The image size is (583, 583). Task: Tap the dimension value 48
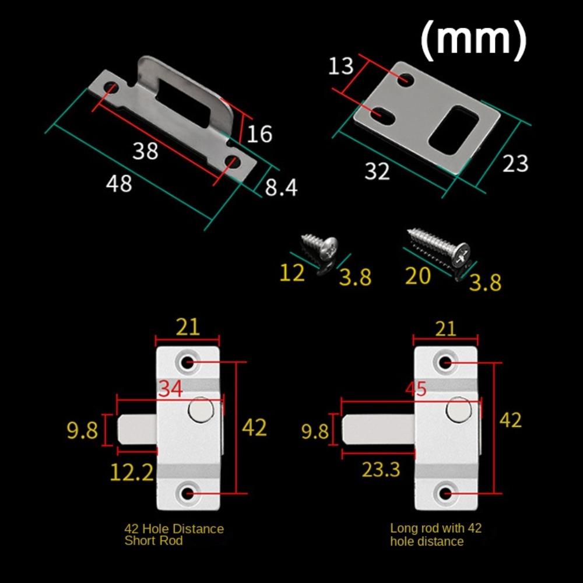click(119, 184)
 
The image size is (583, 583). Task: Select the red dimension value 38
click(145, 151)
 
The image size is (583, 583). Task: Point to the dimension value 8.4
click(282, 188)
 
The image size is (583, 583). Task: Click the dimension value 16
click(259, 134)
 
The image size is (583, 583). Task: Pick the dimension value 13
click(340, 66)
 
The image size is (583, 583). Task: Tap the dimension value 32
click(377, 171)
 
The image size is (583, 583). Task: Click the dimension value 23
click(515, 163)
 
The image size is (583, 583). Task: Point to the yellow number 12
click(291, 273)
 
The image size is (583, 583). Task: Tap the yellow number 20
click(417, 275)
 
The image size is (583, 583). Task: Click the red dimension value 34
click(171, 389)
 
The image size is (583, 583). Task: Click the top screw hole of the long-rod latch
click(446, 363)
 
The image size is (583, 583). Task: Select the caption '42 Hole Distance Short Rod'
click(174, 535)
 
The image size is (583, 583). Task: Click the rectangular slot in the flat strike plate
click(454, 130)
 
